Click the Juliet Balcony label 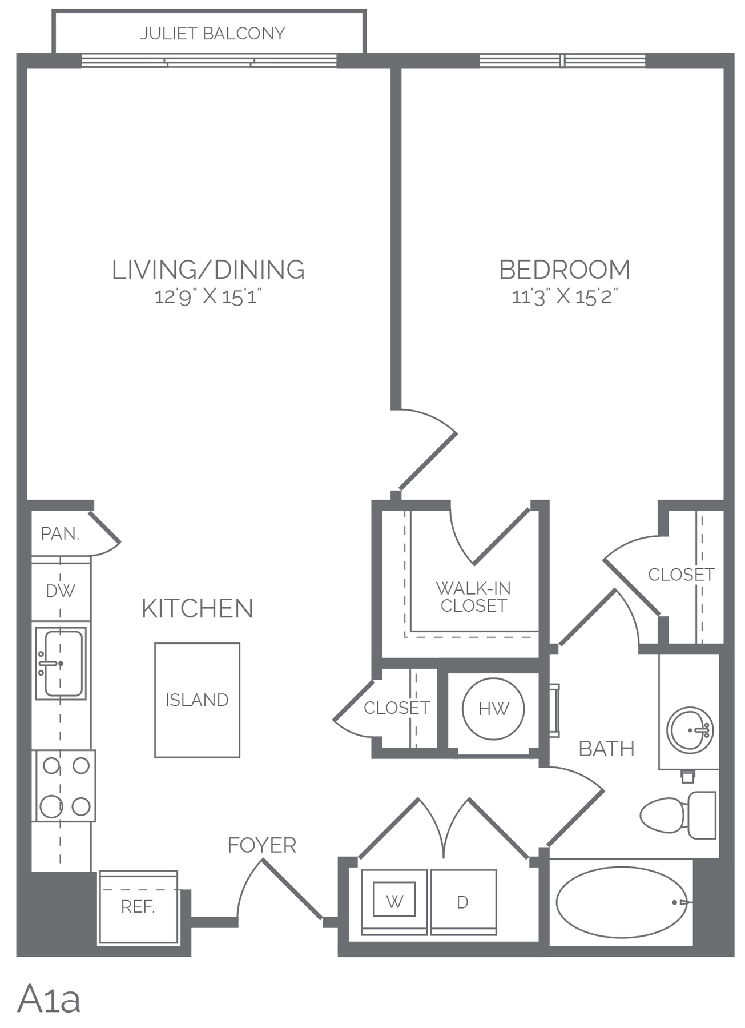[212, 34]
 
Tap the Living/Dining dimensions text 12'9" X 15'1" [208, 297]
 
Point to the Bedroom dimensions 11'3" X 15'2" [565, 297]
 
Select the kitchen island [197, 700]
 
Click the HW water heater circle [493, 709]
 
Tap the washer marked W [394, 902]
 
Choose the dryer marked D [463, 902]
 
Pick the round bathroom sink [690, 730]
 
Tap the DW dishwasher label [61, 591]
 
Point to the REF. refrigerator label [138, 906]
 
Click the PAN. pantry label [60, 533]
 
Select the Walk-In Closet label [473, 597]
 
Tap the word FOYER [262, 845]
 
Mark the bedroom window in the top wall [562, 60]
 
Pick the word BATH [607, 749]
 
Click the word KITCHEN [198, 609]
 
